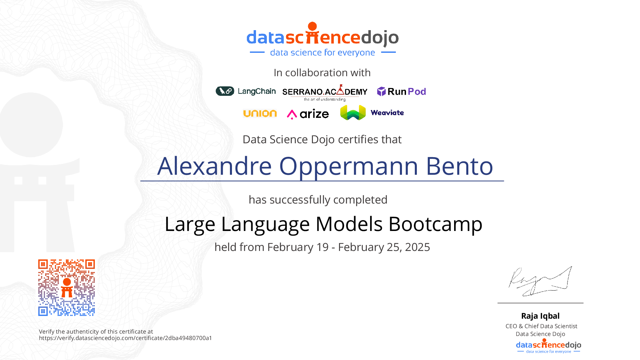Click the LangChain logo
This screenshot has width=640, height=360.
pos(246,91)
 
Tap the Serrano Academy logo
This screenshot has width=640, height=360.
pos(325,92)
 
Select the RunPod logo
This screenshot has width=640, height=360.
pos(402,91)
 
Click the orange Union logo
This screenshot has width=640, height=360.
pos(260,113)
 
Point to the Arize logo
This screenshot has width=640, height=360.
pos(308,114)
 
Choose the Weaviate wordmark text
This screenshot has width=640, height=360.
pos(387,113)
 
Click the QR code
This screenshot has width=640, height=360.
pos(66,288)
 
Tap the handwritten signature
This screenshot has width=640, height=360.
pos(540,281)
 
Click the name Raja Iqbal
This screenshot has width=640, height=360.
pos(540,316)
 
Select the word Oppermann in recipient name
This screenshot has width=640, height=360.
pos(348,167)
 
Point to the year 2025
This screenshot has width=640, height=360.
pos(418,247)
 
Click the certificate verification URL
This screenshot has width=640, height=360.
pos(125,338)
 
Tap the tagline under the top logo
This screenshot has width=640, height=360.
pos(322,52)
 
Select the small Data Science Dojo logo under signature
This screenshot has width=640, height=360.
pos(549,346)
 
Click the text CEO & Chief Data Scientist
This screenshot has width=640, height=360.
pos(541,326)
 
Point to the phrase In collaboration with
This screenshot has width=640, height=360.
pos(322,73)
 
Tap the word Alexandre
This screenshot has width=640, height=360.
pos(215,166)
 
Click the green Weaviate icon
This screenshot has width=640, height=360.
pos(353,113)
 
